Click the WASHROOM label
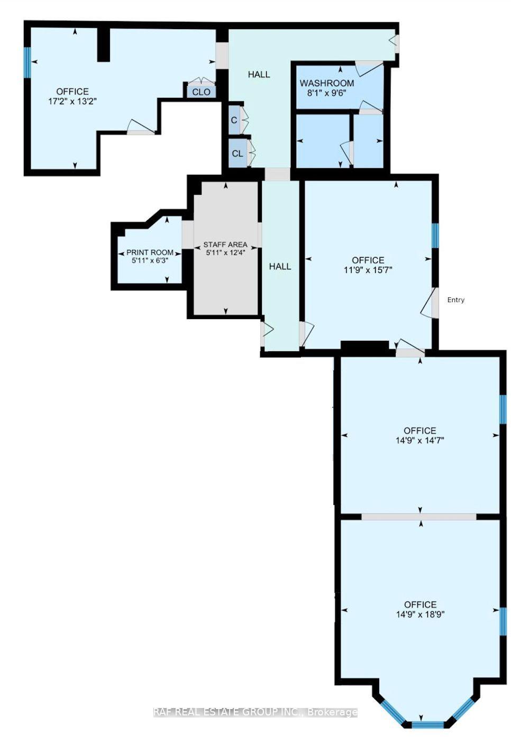tap(326, 84)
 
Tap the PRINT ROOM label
tap(150, 252)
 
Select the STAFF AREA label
tap(225, 245)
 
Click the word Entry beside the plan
tap(455, 300)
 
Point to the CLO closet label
tap(201, 92)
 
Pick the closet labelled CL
tap(238, 153)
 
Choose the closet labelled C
tap(234, 120)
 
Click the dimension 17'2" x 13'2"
tap(72, 101)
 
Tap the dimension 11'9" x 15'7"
tap(368, 270)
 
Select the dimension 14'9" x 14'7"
tap(419, 440)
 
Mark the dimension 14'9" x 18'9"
tap(420, 614)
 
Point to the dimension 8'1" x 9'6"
tap(326, 93)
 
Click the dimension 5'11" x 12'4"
tap(225, 252)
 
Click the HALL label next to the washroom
tap(259, 75)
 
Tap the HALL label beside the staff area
tap(280, 266)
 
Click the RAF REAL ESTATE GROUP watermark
tap(255, 712)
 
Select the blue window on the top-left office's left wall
tap(27, 62)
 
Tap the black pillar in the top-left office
tap(104, 44)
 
